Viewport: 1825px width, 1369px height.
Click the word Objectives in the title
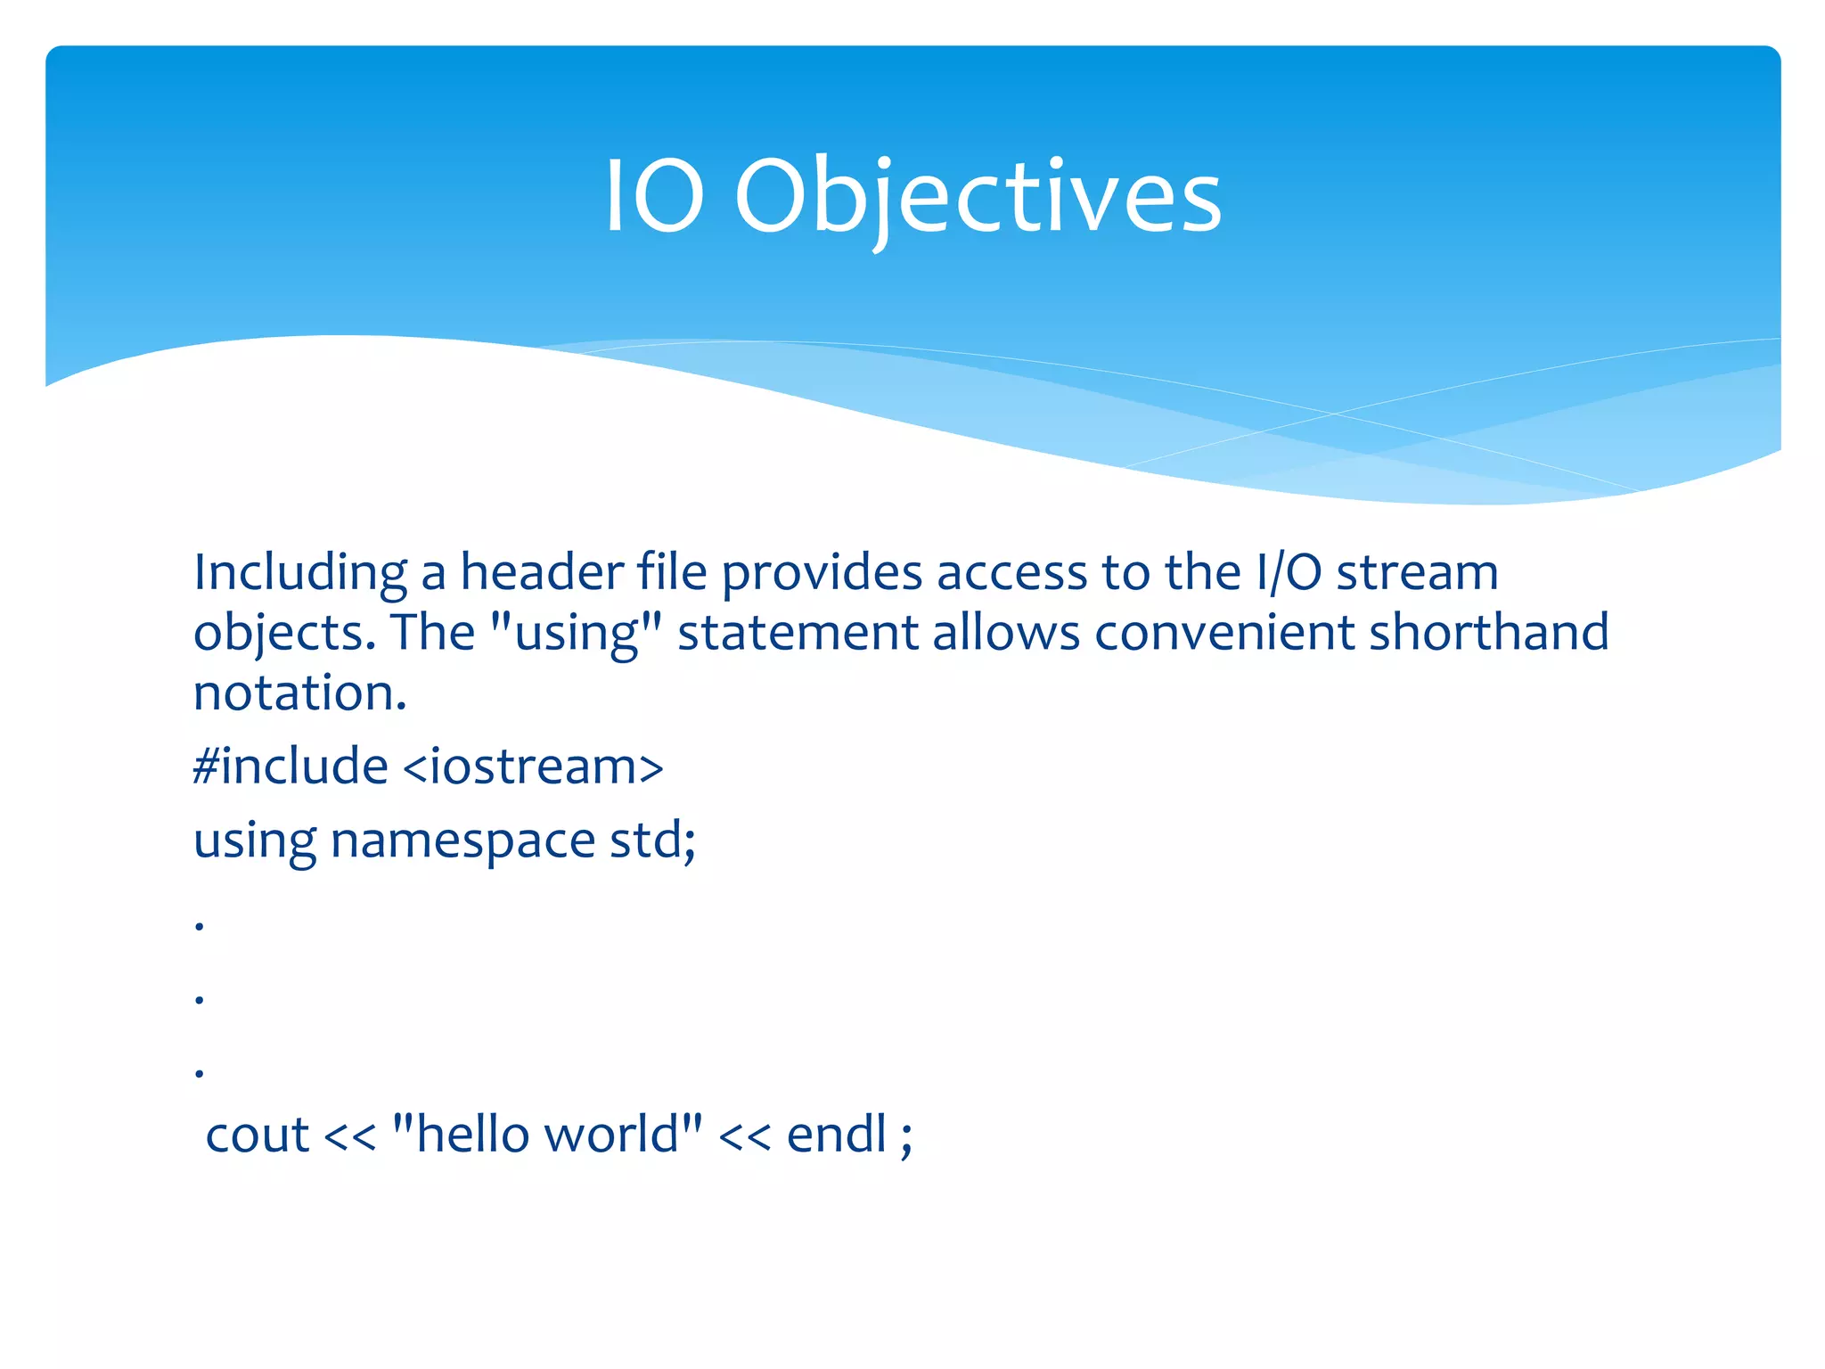(x=978, y=198)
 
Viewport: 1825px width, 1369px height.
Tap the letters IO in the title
(x=655, y=198)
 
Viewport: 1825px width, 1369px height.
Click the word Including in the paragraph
(x=300, y=573)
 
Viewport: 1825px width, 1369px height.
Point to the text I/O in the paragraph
(x=1289, y=573)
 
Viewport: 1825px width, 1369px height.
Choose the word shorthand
(x=1488, y=632)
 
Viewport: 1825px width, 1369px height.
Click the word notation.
(x=300, y=693)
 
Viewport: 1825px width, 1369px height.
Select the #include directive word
(x=291, y=766)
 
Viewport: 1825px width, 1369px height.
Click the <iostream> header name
(x=533, y=766)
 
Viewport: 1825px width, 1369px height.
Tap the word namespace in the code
(x=462, y=840)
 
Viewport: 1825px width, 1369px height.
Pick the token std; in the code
(x=652, y=840)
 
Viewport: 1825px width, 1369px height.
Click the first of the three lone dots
(x=200, y=927)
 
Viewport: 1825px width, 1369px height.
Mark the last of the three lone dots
(x=200, y=1074)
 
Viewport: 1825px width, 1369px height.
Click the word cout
(x=258, y=1135)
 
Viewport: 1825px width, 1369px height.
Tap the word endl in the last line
(x=837, y=1135)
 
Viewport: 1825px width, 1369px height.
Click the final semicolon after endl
(x=906, y=1139)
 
